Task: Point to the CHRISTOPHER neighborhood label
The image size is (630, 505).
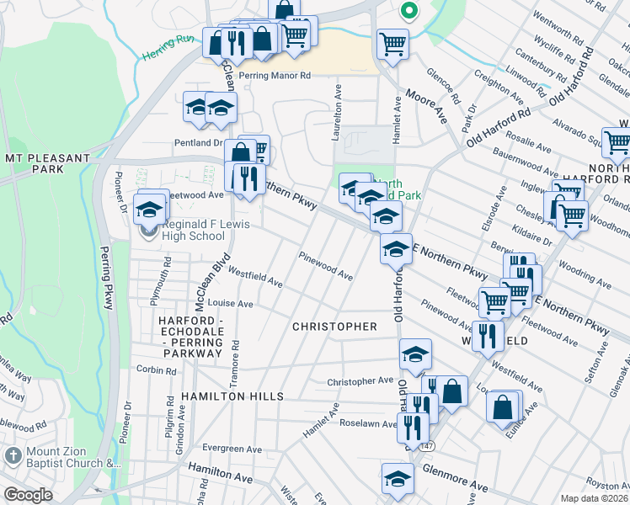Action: (334, 326)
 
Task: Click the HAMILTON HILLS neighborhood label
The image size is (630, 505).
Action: (231, 396)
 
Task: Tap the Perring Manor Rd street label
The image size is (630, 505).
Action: (275, 75)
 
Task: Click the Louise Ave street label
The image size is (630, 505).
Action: (230, 303)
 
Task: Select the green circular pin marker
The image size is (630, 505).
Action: (409, 11)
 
